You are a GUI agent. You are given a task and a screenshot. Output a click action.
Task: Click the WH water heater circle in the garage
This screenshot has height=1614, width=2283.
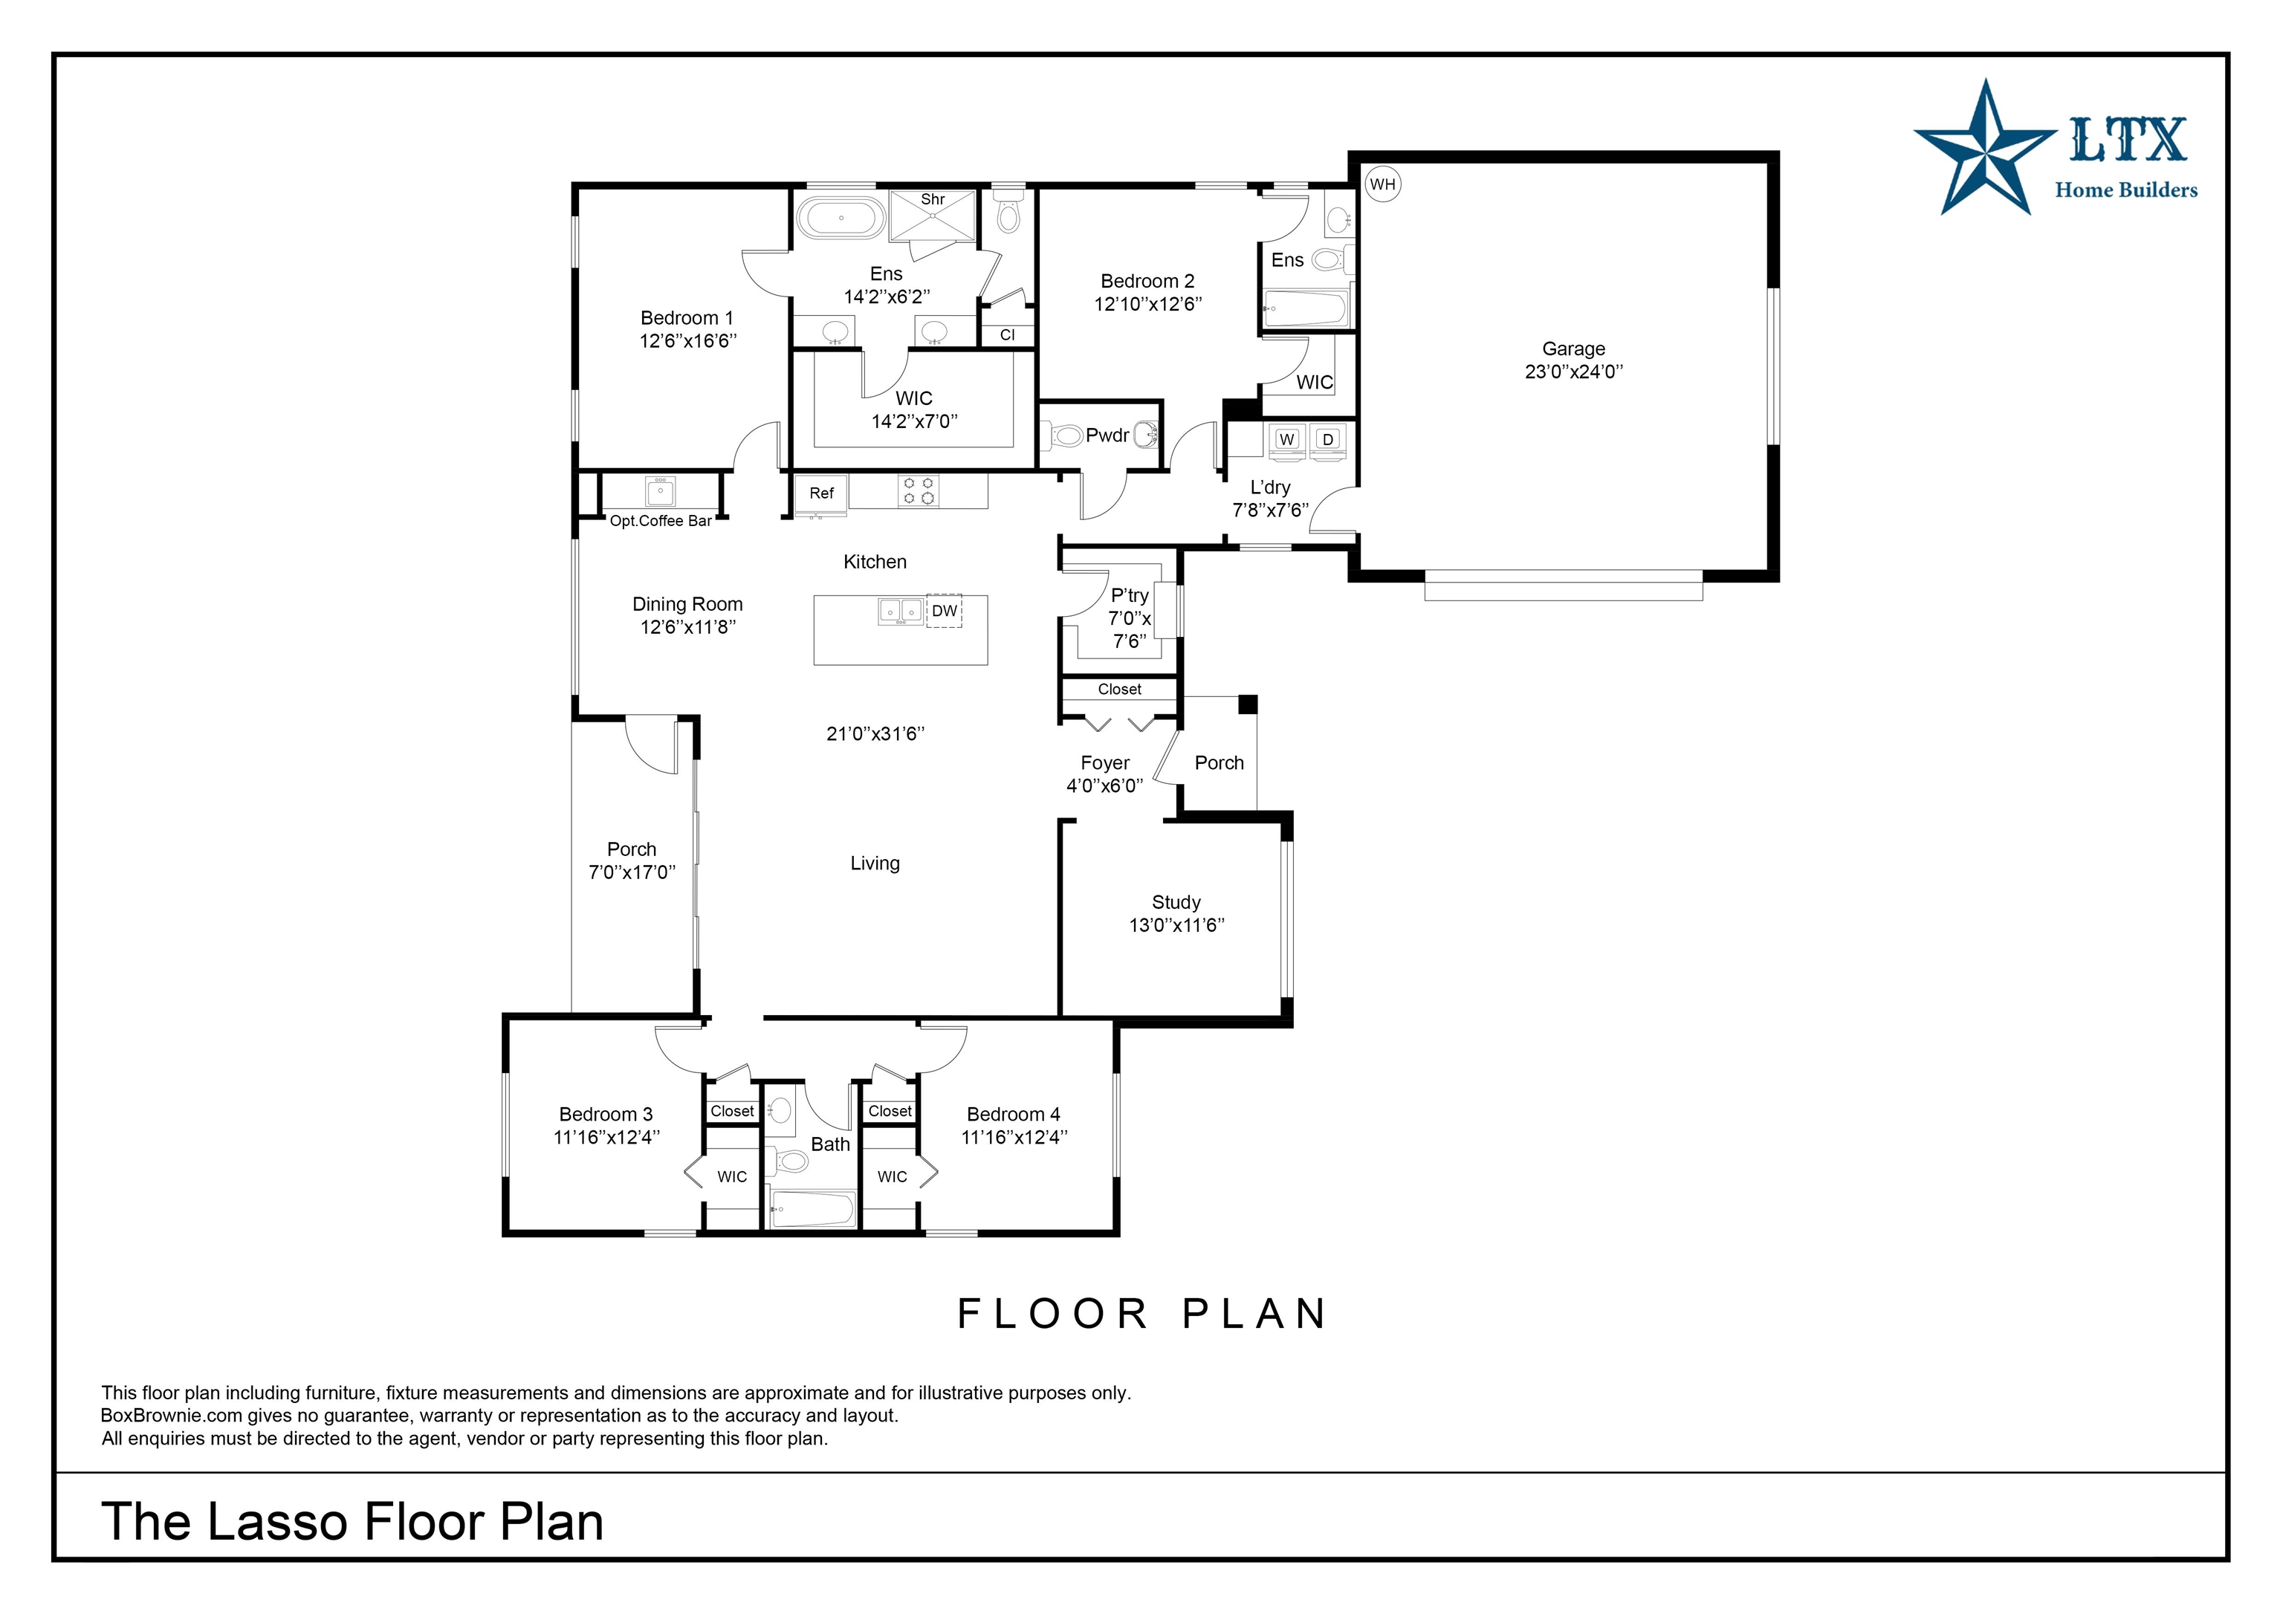pyautogui.click(x=1382, y=184)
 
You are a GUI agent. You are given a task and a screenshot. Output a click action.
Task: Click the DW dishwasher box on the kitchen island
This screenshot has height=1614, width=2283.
pyautogui.click(x=944, y=611)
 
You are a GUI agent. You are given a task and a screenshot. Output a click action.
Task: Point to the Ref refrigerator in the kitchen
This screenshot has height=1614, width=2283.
pyautogui.click(x=821, y=494)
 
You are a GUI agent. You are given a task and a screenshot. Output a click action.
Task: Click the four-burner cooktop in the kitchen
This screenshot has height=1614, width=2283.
pyautogui.click(x=918, y=491)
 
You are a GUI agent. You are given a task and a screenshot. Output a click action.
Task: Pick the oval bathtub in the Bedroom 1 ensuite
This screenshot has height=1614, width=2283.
pyautogui.click(x=841, y=218)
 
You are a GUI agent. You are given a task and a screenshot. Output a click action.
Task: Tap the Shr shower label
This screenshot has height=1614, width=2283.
pyautogui.click(x=933, y=200)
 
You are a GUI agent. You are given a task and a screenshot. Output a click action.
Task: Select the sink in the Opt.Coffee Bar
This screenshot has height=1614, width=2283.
pyautogui.click(x=660, y=491)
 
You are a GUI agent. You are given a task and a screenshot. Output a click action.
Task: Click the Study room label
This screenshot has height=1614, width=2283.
pyautogui.click(x=1176, y=902)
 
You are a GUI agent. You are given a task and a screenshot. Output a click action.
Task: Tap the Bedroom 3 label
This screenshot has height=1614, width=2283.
pyautogui.click(x=606, y=1114)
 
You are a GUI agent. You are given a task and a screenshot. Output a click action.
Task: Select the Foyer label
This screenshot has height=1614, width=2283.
pyautogui.click(x=1104, y=762)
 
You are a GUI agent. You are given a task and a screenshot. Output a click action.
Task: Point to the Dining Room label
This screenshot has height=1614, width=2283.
pyautogui.click(x=687, y=603)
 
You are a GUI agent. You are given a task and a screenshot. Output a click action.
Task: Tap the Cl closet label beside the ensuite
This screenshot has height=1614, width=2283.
pyautogui.click(x=1007, y=335)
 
